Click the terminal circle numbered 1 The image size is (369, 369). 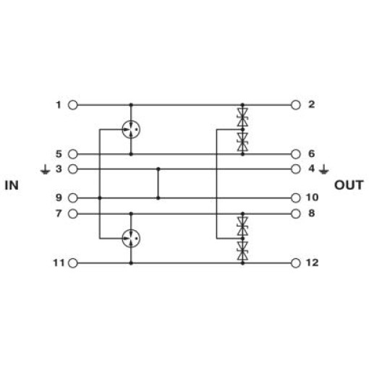coord(73,105)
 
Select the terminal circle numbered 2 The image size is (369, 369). coord(296,105)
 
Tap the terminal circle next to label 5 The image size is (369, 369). coord(73,154)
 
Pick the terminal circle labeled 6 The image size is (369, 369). coord(296,154)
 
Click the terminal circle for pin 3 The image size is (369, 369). coord(73,169)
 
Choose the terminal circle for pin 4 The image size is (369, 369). coord(296,169)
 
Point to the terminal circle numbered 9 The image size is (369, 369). coord(73,198)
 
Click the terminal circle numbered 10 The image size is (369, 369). coord(296,198)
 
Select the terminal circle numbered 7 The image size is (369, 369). coord(73,213)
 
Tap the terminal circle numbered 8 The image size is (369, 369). coord(296,213)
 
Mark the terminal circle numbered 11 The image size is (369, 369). coord(73,263)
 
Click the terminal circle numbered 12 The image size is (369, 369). coord(296,263)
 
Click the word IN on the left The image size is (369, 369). coord(12,185)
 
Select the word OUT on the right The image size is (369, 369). coord(349,185)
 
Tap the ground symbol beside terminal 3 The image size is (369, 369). coord(45,169)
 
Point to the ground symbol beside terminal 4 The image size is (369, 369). coord(323,169)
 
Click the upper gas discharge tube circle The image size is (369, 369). coord(131,130)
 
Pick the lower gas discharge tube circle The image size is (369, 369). coord(131,239)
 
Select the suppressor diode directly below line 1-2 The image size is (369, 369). coord(242,117)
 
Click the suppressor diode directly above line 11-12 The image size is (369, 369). coord(242,251)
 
